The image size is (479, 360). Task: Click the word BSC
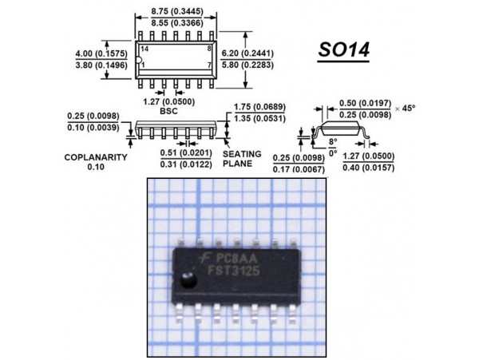click(168, 113)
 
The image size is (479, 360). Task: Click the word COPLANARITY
click(97, 158)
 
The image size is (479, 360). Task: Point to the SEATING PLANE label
click(237, 158)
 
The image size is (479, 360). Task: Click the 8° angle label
click(333, 140)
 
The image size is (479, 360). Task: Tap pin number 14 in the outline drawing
click(144, 49)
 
